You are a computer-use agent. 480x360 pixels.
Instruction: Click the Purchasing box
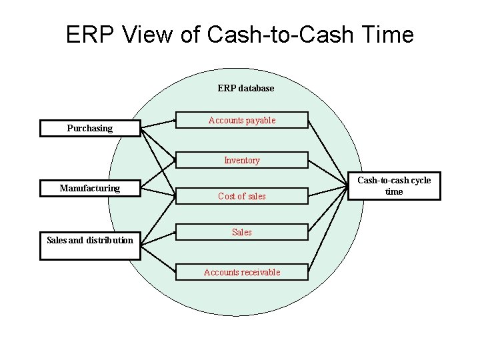tap(90, 128)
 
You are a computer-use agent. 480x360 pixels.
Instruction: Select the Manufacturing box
tap(90, 189)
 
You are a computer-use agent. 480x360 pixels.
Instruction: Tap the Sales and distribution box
tap(90, 243)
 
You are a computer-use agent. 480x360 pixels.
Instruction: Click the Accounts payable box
tap(242, 121)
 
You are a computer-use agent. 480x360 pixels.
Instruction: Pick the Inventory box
tap(242, 160)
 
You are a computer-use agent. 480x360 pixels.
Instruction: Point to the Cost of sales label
tap(242, 196)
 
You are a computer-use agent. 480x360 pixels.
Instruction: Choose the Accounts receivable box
tap(242, 272)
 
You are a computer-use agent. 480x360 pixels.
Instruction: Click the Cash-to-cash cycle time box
tap(394, 186)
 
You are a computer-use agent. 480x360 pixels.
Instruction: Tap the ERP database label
tap(245, 88)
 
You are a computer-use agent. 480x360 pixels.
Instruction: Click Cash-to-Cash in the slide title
tap(279, 35)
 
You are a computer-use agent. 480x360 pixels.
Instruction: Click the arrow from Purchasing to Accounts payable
tap(157, 124)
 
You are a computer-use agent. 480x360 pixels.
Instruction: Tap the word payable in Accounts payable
tap(259, 121)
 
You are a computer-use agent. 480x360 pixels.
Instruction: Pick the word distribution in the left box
tap(110, 240)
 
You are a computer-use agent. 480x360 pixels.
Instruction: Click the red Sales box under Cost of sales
tap(242, 232)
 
